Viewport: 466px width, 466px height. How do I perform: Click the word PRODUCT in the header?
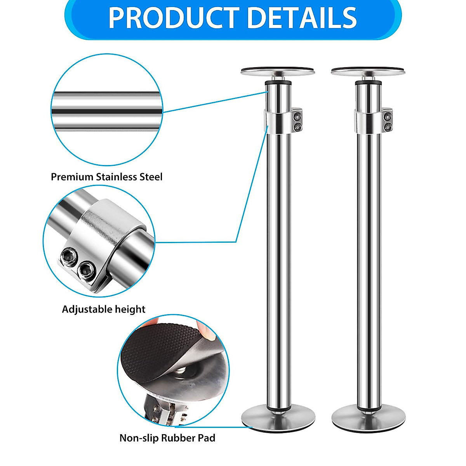click(174, 18)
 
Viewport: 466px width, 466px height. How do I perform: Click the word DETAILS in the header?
click(302, 18)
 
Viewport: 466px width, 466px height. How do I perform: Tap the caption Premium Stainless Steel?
click(107, 177)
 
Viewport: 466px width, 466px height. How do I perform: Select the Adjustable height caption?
click(104, 310)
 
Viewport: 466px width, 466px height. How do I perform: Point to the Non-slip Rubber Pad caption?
click(167, 438)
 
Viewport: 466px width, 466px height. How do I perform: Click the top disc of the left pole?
click(278, 71)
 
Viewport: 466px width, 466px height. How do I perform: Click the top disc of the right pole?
click(368, 71)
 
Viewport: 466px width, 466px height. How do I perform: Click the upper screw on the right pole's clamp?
click(388, 116)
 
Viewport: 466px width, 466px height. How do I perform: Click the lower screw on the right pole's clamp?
click(388, 126)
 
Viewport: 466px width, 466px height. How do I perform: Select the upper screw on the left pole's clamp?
click(297, 116)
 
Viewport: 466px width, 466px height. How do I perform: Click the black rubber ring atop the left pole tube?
click(278, 83)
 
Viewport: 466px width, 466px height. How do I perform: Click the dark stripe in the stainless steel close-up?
click(107, 111)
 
